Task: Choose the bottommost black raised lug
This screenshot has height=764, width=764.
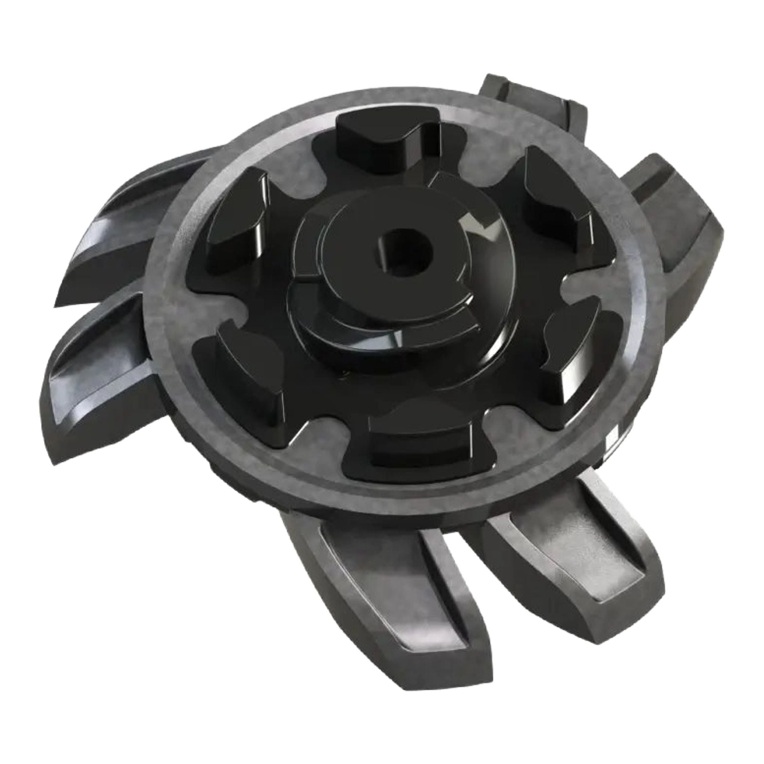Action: [419, 443]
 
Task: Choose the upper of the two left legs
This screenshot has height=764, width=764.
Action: [131, 233]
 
